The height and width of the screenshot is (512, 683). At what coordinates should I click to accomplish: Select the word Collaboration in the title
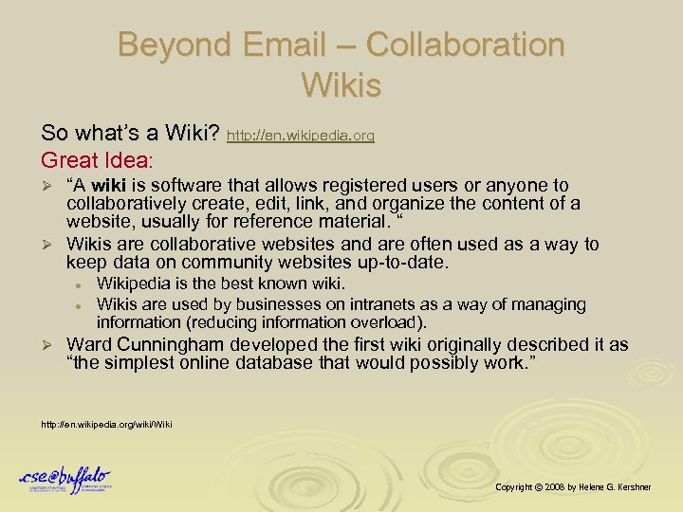point(465,45)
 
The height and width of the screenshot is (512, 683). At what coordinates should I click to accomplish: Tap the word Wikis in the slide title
point(341,85)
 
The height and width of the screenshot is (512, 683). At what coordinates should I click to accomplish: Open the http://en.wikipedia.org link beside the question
point(301,137)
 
